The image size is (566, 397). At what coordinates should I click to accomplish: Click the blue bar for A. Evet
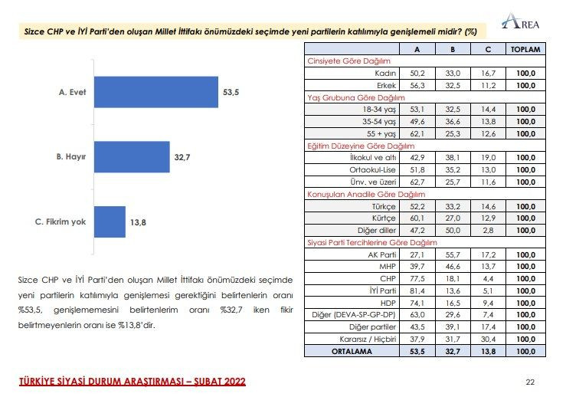(156, 93)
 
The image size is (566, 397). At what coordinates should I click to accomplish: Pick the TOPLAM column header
(525, 48)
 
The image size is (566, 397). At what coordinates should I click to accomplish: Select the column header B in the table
(454, 48)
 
